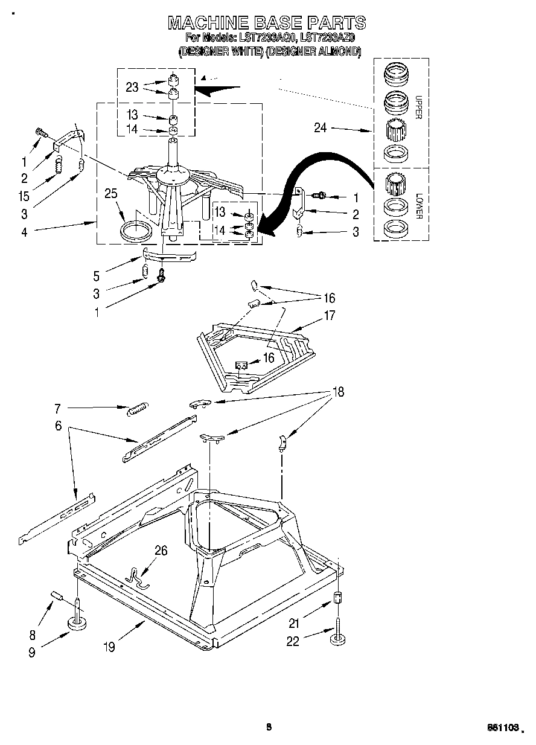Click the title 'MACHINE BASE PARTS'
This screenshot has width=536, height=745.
pyautogui.click(x=266, y=23)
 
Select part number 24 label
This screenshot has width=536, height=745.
pyautogui.click(x=321, y=127)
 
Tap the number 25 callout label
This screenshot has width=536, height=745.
pyautogui.click(x=111, y=194)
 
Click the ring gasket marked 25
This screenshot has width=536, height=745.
pyautogui.click(x=136, y=231)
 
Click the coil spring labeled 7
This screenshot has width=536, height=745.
pyautogui.click(x=137, y=409)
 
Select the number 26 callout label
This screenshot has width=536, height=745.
pyautogui.click(x=161, y=551)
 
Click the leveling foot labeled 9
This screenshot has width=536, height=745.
pyautogui.click(x=77, y=624)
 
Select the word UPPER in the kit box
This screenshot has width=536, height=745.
pyautogui.click(x=419, y=107)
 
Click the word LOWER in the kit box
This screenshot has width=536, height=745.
pyautogui.click(x=419, y=206)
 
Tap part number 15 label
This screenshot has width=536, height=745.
pyautogui.click(x=25, y=196)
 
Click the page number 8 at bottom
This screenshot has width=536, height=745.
pyautogui.click(x=269, y=727)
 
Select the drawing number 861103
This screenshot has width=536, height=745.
pyautogui.click(x=504, y=729)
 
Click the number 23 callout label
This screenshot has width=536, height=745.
pyautogui.click(x=132, y=87)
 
